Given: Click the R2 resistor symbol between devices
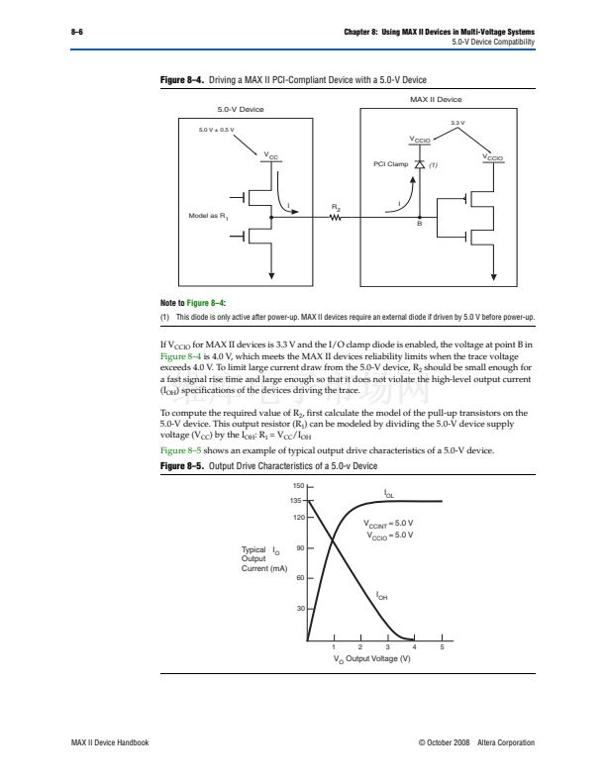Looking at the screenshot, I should (x=336, y=219).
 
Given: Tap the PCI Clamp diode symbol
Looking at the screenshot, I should (x=419, y=164).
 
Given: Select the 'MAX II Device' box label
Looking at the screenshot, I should (x=436, y=100).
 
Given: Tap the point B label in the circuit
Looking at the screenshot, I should (x=419, y=228).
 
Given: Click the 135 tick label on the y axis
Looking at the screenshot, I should (x=296, y=502).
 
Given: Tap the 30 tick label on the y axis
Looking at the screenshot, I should (x=298, y=608).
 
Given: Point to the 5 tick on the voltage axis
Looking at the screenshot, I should (x=443, y=648).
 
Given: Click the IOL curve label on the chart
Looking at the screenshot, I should (x=389, y=492).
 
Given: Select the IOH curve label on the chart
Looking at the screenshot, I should (x=382, y=596).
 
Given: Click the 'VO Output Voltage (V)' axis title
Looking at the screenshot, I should (x=371, y=660).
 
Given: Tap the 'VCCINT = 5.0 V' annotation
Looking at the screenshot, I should (x=388, y=523).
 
